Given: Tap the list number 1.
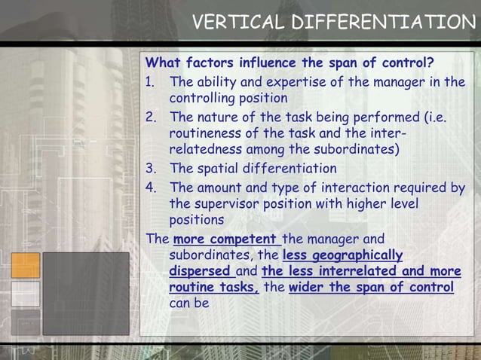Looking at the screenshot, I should pos(150,81).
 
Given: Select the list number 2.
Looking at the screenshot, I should pos(150,117).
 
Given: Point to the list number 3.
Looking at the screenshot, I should pos(150,168).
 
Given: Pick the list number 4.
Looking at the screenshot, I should pos(150,187).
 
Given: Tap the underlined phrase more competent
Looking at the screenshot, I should pos(225,239).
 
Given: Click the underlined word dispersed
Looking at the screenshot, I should pos(200,271).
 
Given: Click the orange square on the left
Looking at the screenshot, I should pos(26,265).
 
